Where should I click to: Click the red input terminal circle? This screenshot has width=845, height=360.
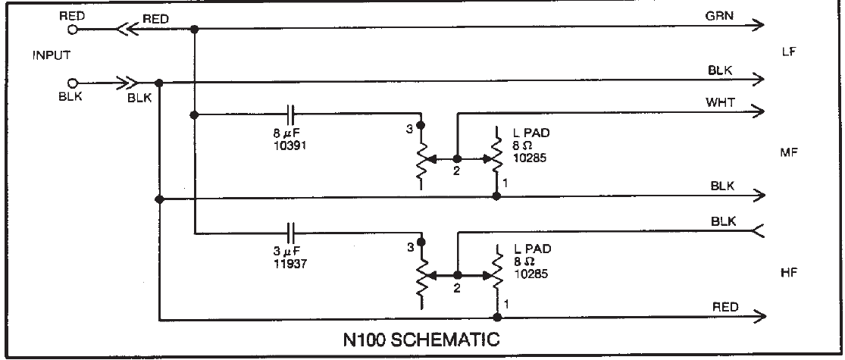tap(74, 30)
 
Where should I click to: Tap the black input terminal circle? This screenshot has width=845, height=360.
tap(74, 83)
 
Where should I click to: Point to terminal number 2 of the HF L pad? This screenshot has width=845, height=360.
tap(456, 289)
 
